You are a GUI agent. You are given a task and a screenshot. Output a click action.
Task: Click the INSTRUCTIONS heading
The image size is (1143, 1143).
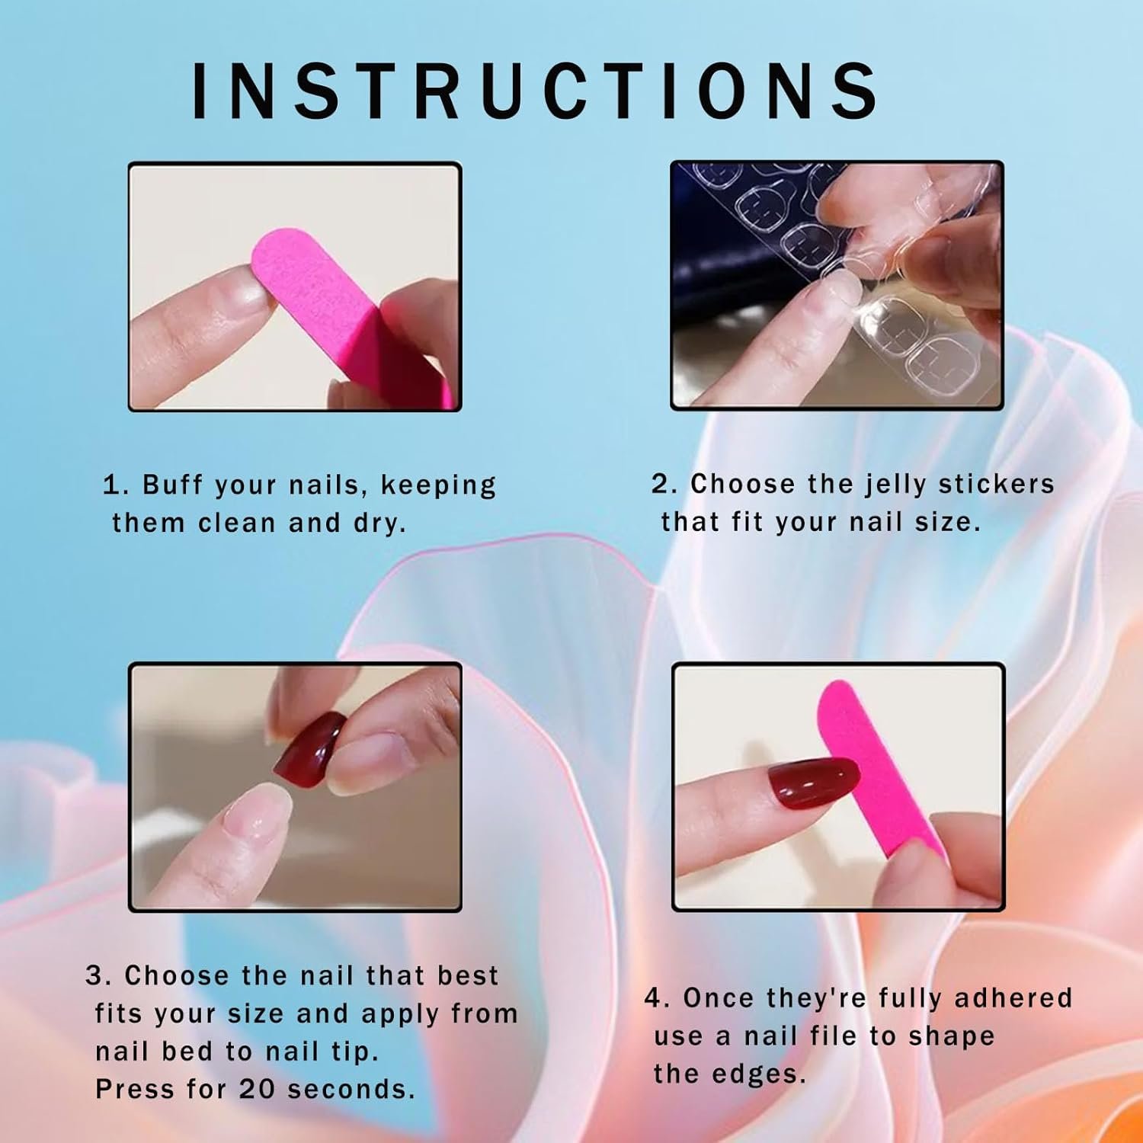(535, 91)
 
